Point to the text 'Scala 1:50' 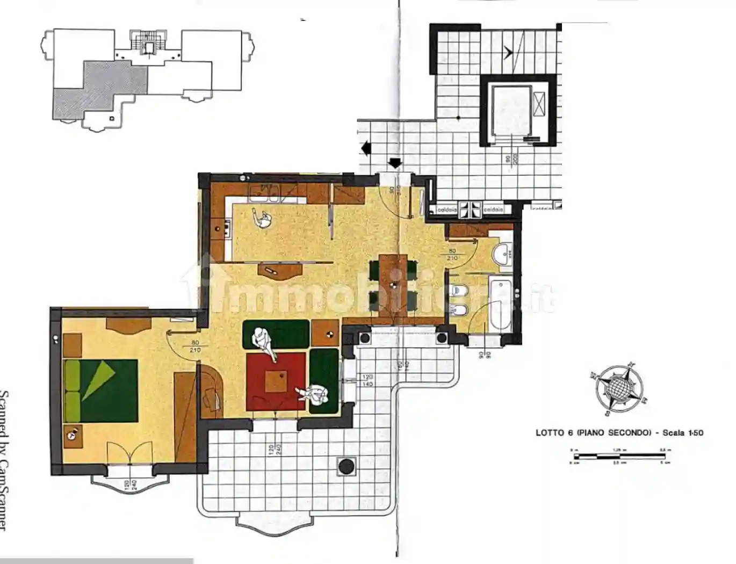683,433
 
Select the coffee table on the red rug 276,381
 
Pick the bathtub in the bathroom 500,304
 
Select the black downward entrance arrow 395,162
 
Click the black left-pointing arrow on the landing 366,147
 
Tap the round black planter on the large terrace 347,465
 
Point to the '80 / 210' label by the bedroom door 194,346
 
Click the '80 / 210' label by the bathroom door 452,254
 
